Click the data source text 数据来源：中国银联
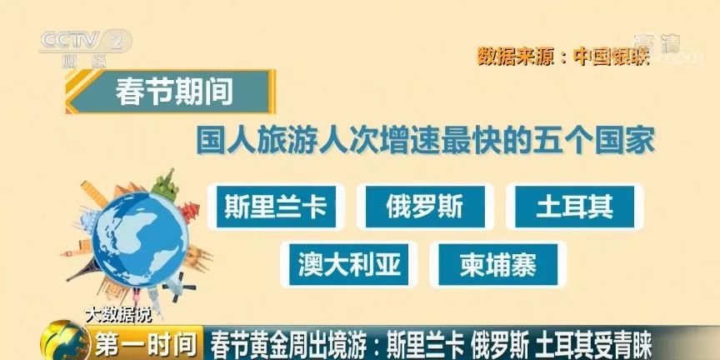pyautogui.click(x=562, y=57)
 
